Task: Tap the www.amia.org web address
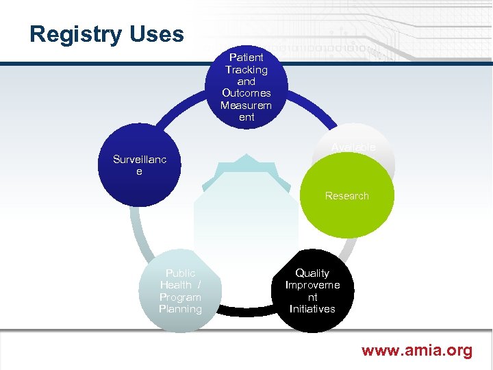click(x=416, y=351)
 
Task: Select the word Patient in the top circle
click(x=246, y=58)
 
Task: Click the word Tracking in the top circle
click(x=246, y=69)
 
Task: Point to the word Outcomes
click(x=246, y=92)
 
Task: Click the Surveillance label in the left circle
click(x=139, y=165)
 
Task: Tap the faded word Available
click(x=353, y=147)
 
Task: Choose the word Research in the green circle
click(x=346, y=196)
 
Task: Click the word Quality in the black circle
click(x=312, y=273)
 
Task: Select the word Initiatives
click(x=312, y=309)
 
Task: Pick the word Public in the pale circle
click(x=180, y=273)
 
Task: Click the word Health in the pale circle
click(x=176, y=284)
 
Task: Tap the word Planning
click(x=180, y=309)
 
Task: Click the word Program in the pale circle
click(x=180, y=297)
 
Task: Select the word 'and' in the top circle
click(x=246, y=81)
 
